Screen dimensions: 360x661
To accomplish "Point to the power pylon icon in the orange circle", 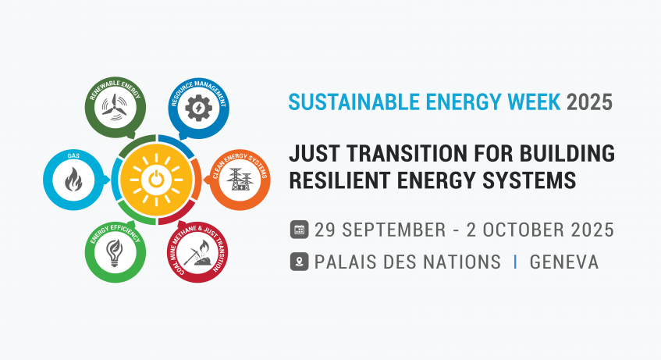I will tap(240, 180).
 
